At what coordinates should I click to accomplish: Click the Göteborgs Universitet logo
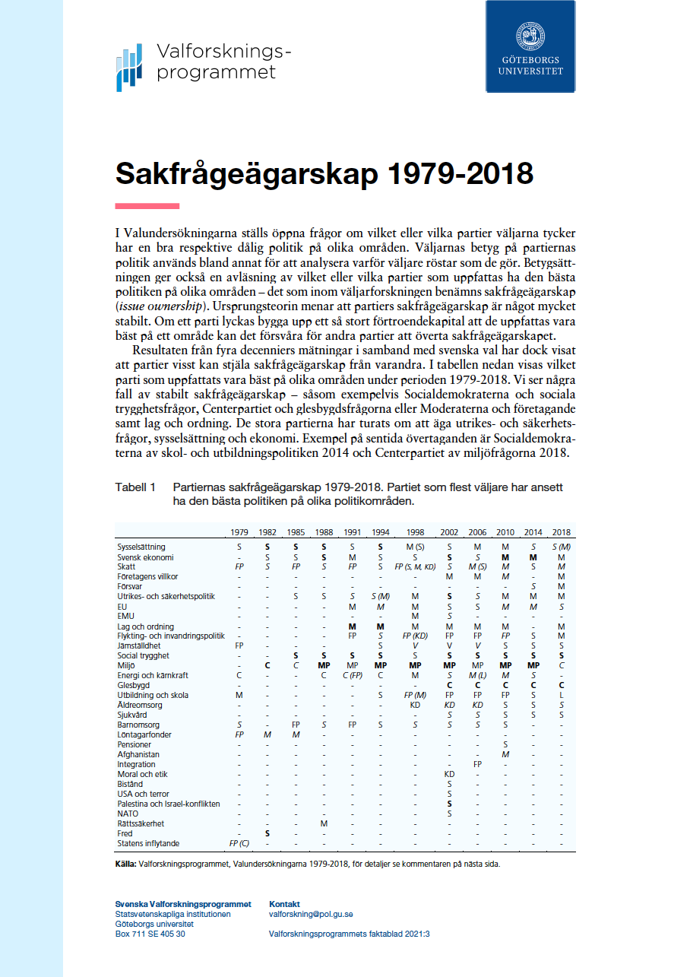click(530, 47)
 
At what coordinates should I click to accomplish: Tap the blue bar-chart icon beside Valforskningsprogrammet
click(129, 68)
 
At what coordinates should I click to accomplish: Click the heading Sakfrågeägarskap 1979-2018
click(324, 173)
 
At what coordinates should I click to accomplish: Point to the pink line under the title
click(147, 205)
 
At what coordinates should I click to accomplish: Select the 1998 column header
click(415, 532)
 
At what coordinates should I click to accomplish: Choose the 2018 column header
click(561, 532)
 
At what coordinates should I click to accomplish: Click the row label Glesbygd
click(133, 685)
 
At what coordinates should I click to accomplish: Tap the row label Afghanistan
click(138, 754)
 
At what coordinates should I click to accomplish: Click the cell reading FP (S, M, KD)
click(415, 566)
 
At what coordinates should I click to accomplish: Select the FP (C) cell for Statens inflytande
click(239, 843)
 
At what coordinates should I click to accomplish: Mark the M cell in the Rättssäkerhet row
click(324, 823)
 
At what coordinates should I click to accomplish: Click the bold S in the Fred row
click(267, 833)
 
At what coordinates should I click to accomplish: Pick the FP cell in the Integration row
click(477, 764)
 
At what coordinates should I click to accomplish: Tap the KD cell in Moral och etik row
click(449, 774)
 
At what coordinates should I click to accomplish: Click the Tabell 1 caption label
click(135, 487)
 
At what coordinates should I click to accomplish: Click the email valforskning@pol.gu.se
click(311, 914)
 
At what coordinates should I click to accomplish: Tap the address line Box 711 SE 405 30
click(150, 934)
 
